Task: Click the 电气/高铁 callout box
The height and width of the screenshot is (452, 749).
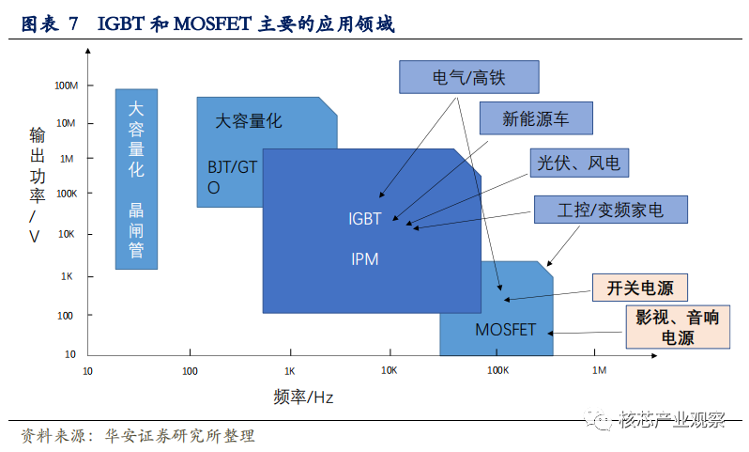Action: click(469, 77)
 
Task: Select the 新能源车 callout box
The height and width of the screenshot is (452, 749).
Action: click(536, 118)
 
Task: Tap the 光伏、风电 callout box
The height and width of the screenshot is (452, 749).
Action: click(579, 163)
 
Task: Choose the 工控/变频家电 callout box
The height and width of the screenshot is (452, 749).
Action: click(610, 210)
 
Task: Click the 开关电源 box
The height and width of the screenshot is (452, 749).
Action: click(639, 288)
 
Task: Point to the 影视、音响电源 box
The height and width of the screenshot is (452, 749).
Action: click(678, 327)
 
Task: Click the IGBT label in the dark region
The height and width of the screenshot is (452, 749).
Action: click(364, 219)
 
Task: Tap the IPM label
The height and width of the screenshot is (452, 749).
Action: click(364, 259)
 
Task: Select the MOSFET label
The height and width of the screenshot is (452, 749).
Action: click(505, 330)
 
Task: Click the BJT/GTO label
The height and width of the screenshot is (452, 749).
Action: click(232, 177)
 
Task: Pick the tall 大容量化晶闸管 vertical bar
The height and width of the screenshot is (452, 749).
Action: click(136, 179)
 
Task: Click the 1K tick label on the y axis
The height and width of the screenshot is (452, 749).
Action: click(67, 276)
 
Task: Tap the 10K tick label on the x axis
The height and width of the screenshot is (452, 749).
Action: click(389, 370)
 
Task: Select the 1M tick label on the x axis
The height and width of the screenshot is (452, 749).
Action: click(599, 370)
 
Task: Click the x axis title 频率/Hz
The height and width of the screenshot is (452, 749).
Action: click(303, 397)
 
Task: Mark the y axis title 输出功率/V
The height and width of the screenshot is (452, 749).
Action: click(37, 185)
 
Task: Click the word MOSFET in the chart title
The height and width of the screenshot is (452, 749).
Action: click(212, 23)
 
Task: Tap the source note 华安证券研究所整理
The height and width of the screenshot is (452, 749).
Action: click(180, 436)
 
